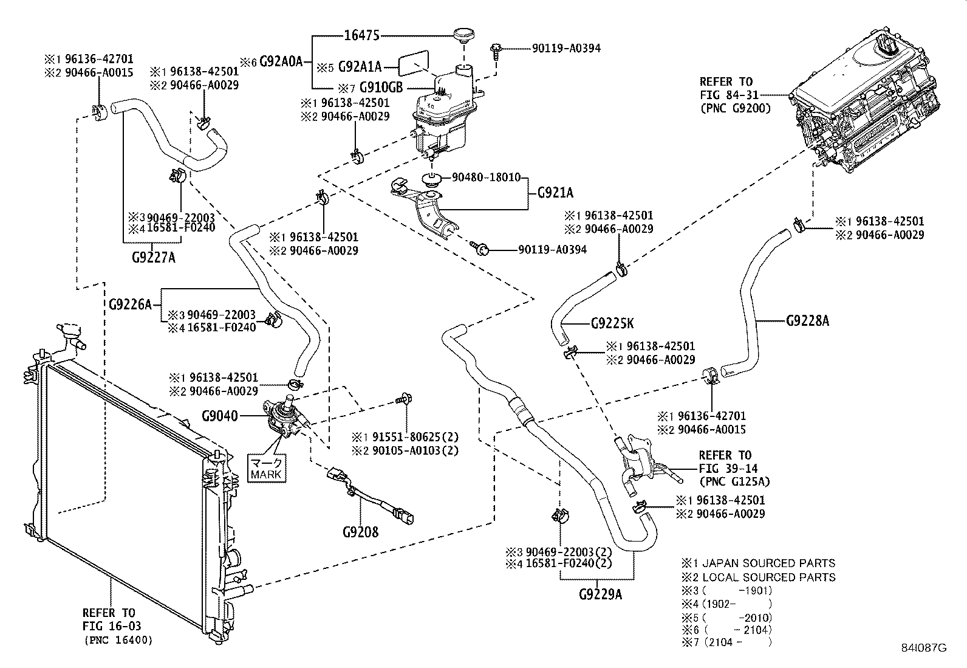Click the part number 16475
click(361, 36)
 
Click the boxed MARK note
click(266, 467)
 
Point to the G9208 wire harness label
click(360, 532)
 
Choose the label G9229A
click(600, 594)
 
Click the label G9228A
click(807, 320)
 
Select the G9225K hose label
click(612, 324)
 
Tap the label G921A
click(555, 193)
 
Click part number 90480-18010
click(486, 177)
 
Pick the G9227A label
click(153, 257)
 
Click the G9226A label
click(131, 304)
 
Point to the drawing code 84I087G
click(924, 648)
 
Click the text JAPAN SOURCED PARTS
click(768, 563)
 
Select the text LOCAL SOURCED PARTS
click(768, 577)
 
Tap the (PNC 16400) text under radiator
click(118, 640)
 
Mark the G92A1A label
click(360, 66)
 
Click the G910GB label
click(381, 87)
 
